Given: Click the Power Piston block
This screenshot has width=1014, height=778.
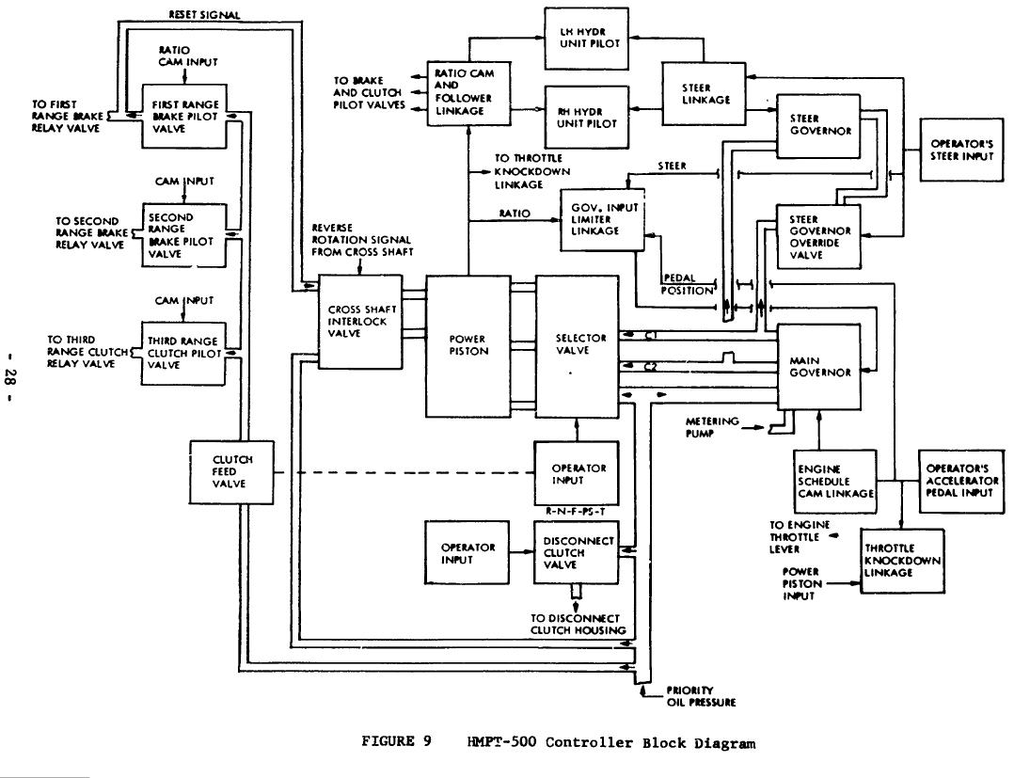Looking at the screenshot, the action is coord(467,346).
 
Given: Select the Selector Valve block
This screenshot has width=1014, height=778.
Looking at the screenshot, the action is coord(578,346).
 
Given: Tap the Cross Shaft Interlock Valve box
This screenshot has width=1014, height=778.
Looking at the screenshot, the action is coord(360,322).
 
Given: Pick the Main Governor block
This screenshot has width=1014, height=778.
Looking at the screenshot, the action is coord(818,367).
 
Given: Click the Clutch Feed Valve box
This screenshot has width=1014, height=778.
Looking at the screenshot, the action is coord(231,472).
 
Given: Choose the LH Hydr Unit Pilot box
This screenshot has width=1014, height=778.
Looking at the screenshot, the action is coord(587,39).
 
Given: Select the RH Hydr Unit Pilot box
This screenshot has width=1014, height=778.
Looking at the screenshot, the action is coord(587,117).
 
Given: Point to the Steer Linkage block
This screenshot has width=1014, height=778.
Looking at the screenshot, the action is coord(705,94).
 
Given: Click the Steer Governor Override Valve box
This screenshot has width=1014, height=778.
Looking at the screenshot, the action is coord(818,237).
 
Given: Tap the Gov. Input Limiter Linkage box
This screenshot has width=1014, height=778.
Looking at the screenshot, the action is coord(602,220).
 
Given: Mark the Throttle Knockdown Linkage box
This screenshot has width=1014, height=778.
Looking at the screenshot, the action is coord(902,561).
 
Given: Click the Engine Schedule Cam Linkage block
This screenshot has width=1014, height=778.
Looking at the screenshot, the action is coord(835,482).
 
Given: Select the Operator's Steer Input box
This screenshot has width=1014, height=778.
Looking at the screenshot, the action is coord(961,150).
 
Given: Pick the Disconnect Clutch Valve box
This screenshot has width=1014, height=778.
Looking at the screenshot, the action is coord(577,553).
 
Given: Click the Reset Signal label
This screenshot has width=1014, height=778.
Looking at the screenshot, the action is coord(204,14).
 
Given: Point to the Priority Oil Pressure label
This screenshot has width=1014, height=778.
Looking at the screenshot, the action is coord(701,696).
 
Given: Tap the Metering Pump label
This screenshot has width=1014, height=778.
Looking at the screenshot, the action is coord(712,427).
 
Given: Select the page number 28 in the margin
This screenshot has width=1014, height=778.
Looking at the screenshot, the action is coord(13,375).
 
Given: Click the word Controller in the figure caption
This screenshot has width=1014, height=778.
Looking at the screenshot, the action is coord(589,742).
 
